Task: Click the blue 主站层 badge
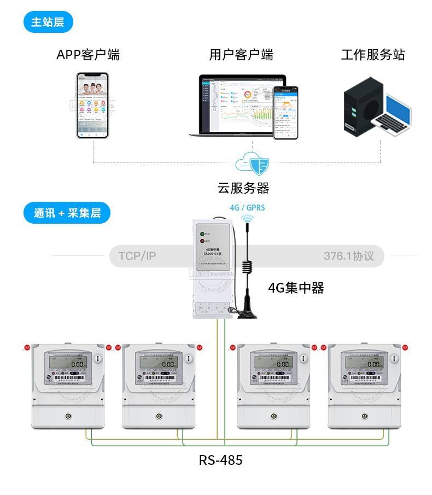48,22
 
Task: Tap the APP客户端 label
87,55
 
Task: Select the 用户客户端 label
241,55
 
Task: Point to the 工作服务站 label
373,55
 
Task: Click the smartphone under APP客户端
92,105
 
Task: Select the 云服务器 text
243,188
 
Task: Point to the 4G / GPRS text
247,208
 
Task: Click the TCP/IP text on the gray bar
137,256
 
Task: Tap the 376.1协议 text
348,256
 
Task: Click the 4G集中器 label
296,288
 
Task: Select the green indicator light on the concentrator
202,231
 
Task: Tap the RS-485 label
220,460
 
